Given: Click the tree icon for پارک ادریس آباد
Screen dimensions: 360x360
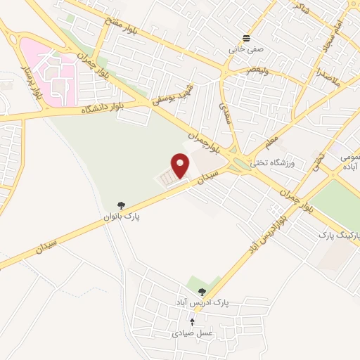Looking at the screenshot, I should pos(202,292).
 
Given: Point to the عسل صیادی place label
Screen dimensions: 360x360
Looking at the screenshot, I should pos(191,333).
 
